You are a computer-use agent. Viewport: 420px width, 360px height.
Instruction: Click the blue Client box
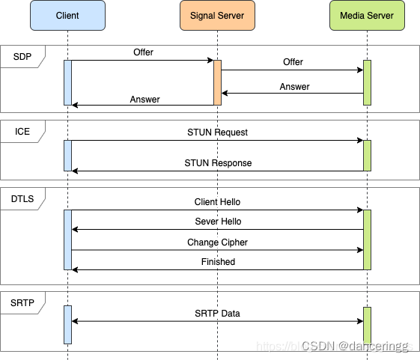coord(67,16)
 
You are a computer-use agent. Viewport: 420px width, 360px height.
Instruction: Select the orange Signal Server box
coord(217,16)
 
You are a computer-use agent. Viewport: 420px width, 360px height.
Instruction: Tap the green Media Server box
coord(367,16)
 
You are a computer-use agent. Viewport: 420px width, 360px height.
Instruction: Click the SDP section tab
coord(22,55)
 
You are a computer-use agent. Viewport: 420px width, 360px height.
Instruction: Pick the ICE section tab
coord(22,132)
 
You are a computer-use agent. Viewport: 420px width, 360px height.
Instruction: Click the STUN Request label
coord(217,132)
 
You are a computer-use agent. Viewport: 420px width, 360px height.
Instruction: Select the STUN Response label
coord(218,163)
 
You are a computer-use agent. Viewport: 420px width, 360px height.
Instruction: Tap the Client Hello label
coord(217,202)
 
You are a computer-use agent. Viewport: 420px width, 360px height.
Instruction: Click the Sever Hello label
coord(217,222)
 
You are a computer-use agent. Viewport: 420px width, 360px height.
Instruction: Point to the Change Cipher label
coord(217,242)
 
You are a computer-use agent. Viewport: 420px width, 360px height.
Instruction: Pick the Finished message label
coord(218,262)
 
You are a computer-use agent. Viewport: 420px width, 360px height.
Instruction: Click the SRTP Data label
coord(217,313)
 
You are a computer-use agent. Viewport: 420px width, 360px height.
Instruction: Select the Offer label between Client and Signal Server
coord(144,52)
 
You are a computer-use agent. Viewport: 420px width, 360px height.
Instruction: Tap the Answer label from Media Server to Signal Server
coord(294,87)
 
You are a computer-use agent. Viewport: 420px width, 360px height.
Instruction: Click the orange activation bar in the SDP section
coord(217,82)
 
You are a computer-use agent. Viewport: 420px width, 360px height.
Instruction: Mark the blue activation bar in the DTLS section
coord(67,240)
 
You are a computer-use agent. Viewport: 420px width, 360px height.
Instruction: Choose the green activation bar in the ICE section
coord(367,155)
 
